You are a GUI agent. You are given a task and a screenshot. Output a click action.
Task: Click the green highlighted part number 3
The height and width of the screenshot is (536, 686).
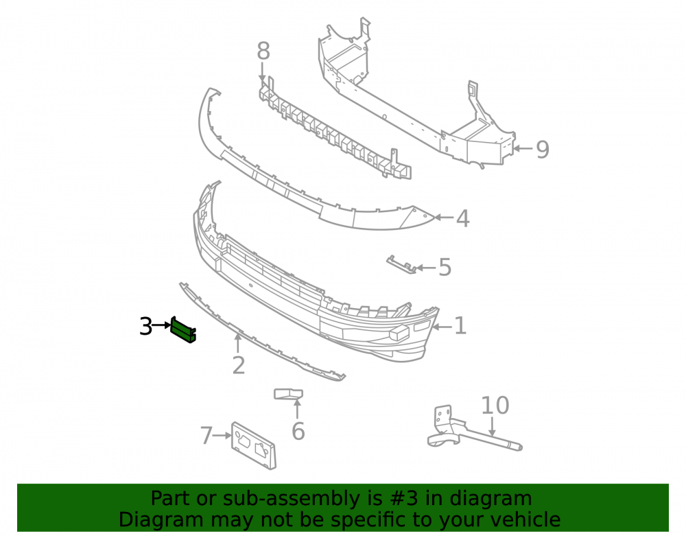pos(183,329)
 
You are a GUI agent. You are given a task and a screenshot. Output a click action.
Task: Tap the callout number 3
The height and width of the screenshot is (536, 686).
pos(145,327)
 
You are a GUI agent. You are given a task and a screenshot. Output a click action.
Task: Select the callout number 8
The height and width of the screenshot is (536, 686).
pos(263,51)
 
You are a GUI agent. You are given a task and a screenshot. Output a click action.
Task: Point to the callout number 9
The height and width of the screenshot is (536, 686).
pos(543,150)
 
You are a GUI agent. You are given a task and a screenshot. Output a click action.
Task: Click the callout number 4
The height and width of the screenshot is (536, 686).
pos(463,218)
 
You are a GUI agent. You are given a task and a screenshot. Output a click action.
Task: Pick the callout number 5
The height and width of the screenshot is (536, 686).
pos(445,268)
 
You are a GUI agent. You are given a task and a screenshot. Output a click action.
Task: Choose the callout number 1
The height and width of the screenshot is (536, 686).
pos(460,326)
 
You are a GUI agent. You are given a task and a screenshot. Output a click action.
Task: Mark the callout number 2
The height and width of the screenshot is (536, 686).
pos(239,365)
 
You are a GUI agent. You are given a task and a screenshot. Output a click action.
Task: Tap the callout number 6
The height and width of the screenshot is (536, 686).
pos(298,431)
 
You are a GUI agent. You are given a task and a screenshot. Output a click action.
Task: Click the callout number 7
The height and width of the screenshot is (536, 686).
pos(206,436)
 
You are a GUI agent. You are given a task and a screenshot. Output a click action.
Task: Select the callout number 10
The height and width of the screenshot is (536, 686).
pos(495,406)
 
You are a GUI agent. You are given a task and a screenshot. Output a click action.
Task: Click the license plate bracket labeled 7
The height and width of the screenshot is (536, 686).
pos(254,446)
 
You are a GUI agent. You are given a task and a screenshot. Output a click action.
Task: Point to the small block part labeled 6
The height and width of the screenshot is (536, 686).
pos(288,394)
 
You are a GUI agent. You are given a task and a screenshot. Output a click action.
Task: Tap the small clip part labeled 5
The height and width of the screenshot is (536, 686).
pos(401,265)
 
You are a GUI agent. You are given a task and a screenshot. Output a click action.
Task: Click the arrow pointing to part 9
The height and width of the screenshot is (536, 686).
pos(523,149)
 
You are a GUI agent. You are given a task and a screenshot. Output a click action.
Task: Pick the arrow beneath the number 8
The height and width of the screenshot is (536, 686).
pos(262,72)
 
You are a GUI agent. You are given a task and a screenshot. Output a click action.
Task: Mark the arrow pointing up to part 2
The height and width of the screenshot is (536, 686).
pos(238,343)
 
